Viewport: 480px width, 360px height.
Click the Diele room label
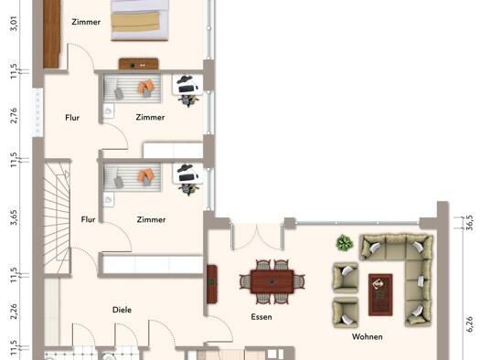122,310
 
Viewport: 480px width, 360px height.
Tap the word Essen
261,317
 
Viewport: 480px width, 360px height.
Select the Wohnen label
367,337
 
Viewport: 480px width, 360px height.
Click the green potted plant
345,243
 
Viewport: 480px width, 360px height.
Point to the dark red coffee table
380,294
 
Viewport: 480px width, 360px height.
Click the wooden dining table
272,282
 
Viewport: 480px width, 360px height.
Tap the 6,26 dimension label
470,324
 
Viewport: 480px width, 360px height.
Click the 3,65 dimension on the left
14,217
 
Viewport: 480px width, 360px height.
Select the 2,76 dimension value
14,115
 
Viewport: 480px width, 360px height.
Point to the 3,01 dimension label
14,24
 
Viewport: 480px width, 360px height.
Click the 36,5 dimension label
470,222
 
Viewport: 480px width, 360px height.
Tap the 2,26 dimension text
14,312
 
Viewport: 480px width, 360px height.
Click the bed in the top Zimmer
140,20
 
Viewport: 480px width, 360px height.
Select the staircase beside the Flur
58,217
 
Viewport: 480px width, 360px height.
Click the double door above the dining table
257,236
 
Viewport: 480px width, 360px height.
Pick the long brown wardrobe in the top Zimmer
51,34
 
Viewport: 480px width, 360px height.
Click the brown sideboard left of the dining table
212,284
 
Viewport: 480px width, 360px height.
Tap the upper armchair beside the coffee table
346,277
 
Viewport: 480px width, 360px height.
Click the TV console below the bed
139,64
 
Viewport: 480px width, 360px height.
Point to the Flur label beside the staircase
88,219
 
